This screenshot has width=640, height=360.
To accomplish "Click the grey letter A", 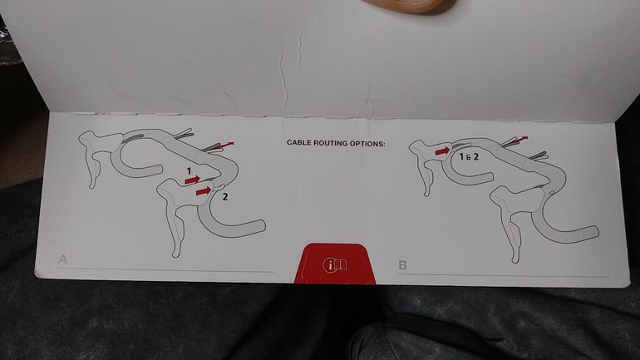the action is [62, 259].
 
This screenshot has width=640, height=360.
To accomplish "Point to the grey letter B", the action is [402, 265].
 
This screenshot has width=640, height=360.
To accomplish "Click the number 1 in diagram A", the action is [189, 171].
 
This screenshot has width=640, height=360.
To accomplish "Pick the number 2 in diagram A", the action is [224, 197].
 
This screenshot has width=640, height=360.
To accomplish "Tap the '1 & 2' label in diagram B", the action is [469, 156].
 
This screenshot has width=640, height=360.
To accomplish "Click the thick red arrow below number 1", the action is [192, 180].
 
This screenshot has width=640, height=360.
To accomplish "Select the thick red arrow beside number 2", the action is [204, 190].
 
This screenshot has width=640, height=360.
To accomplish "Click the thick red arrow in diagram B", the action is [443, 151].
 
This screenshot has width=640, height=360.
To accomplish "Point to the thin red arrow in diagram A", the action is [227, 145].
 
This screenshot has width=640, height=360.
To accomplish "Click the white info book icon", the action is [335, 265].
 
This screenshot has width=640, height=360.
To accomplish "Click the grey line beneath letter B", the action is [504, 274].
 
